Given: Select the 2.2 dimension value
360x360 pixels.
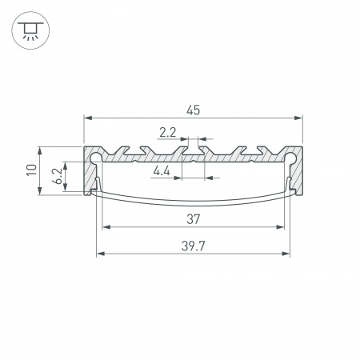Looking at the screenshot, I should [x=168, y=133].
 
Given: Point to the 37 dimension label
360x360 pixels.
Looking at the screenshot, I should [x=192, y=218].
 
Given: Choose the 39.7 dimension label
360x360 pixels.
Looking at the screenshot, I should [x=192, y=246].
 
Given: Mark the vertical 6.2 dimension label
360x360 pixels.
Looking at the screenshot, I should [x=57, y=176].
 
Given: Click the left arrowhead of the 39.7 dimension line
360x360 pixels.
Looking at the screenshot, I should [x=100, y=255].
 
